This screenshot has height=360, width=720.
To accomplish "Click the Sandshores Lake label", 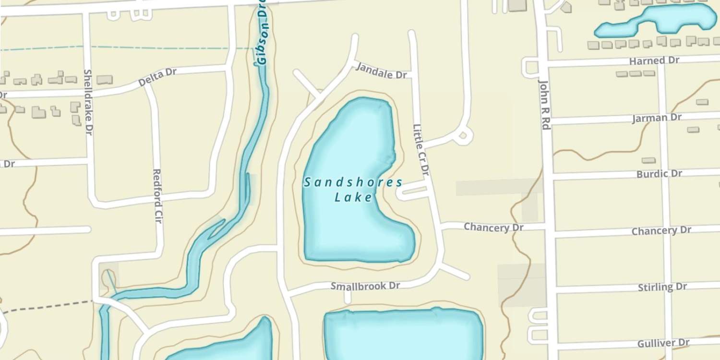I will (x=353, y=190).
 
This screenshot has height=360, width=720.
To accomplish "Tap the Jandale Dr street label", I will (x=381, y=72).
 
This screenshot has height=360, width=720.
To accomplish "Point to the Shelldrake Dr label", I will (x=88, y=102).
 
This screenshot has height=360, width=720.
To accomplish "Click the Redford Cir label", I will (x=157, y=195).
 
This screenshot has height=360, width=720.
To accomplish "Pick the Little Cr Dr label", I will (x=420, y=150).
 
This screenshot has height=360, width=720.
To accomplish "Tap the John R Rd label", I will (x=544, y=104).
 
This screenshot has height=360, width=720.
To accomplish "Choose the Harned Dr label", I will (x=654, y=60).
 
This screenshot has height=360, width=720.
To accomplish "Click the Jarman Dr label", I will (x=656, y=118).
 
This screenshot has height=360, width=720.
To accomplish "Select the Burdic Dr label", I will (x=659, y=173).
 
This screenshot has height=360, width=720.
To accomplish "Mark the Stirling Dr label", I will (x=662, y=287).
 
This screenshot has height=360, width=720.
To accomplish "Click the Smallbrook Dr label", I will (x=365, y=286).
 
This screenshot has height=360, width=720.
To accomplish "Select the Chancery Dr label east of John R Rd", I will (x=661, y=231).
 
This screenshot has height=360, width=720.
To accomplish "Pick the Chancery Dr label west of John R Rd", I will (x=493, y=227).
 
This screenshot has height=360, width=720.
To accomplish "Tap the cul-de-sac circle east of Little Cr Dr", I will (x=463, y=136).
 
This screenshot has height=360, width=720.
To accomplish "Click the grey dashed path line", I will (x=48, y=306).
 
